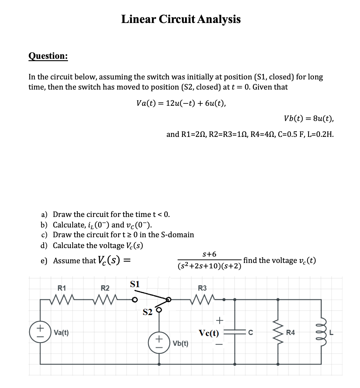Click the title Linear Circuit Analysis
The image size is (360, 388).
coord(181,19)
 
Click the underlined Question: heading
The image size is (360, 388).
coord(48,55)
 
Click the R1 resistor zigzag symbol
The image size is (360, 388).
coord(62,299)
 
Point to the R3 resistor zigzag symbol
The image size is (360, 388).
coord(202,299)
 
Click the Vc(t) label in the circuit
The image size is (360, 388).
coord(209,333)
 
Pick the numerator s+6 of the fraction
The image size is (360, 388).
coord(209,254)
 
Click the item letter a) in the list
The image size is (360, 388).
coord(44,215)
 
